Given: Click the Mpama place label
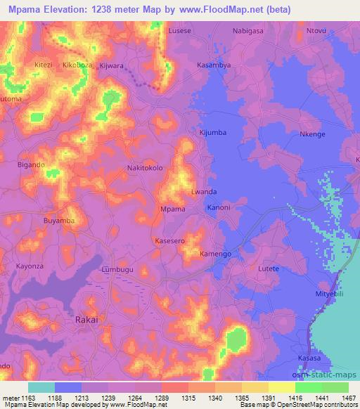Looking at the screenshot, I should click(x=173, y=209).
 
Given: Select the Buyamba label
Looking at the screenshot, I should click(x=59, y=221).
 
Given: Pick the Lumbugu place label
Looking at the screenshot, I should click(x=117, y=269).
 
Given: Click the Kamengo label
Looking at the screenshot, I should click(x=215, y=253).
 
